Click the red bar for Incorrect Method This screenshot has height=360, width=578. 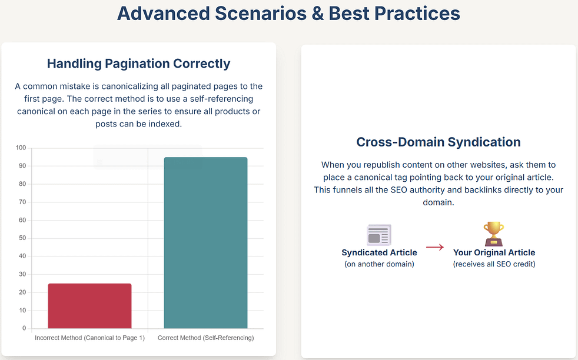pos(89,306)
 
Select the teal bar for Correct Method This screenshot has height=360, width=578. pos(205,243)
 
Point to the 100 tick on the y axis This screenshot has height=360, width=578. pos(21,148)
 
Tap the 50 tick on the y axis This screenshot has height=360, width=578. pos(23,238)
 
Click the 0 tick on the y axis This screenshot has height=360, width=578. pos(24,328)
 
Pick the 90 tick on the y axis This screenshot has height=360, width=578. pos(23,166)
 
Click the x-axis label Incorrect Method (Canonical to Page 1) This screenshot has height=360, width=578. pos(89,338)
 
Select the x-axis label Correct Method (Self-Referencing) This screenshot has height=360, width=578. pos(205,338)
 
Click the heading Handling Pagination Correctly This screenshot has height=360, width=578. pos(138,64)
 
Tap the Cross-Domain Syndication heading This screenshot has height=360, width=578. pos(439,142)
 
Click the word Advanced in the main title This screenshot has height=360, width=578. pos(164,14)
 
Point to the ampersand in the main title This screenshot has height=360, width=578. pos(317,14)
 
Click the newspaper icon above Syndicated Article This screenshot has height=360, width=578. pos(379,235)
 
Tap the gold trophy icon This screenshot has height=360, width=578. pos(494,234)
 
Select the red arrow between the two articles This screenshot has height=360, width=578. pos(435,247)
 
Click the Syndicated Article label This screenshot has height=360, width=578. pos(379,253)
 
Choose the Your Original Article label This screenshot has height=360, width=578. pos(494,253)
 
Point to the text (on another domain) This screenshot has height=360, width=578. pos(379,264)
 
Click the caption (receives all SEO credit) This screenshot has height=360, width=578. pos(494,264)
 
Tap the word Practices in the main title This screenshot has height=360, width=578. pos(417,14)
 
